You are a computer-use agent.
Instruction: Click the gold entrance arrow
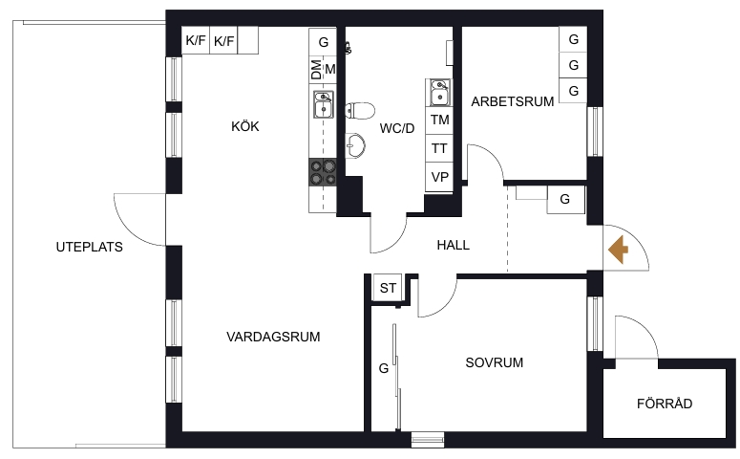618,250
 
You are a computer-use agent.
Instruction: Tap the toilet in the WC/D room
360,111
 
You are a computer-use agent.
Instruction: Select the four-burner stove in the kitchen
323,172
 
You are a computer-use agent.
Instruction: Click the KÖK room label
245,126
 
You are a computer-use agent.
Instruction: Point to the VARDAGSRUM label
273,337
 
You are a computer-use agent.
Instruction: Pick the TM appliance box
439,120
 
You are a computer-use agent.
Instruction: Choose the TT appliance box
439,148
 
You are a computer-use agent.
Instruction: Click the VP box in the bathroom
439,177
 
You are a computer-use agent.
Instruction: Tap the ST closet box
388,288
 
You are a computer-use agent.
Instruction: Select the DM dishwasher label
316,70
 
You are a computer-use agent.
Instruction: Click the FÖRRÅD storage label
665,404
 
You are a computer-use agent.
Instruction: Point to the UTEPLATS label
89,247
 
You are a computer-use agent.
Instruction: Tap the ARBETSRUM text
513,101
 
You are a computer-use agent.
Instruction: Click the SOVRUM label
494,362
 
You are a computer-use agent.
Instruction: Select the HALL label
453,245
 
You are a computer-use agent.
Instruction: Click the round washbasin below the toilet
355,144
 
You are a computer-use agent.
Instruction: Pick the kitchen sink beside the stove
324,104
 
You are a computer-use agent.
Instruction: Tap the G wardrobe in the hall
566,200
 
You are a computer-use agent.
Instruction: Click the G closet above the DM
323,42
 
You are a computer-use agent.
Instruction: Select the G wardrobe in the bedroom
384,368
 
